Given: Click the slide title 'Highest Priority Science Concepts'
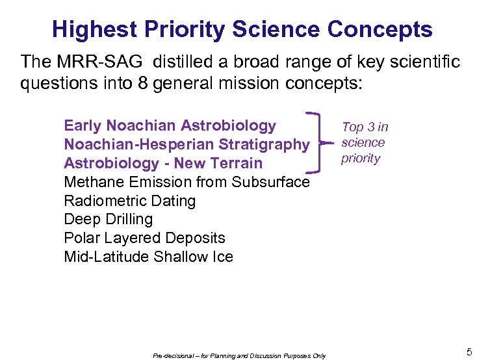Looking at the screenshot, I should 242,29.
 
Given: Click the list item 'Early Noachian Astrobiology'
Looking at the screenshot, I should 170,125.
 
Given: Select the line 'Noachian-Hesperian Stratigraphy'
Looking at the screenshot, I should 187,144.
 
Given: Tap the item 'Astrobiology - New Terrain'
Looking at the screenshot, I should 163,163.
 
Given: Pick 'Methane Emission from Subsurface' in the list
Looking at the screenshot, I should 187,182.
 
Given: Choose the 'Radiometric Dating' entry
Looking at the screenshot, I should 129,201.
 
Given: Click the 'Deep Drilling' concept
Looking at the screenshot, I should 108,219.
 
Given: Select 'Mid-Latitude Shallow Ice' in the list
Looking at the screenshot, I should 148,257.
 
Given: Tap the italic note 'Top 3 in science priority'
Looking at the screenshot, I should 364,143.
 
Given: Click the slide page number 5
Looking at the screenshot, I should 469,352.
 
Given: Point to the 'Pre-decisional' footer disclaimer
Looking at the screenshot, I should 239,355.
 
